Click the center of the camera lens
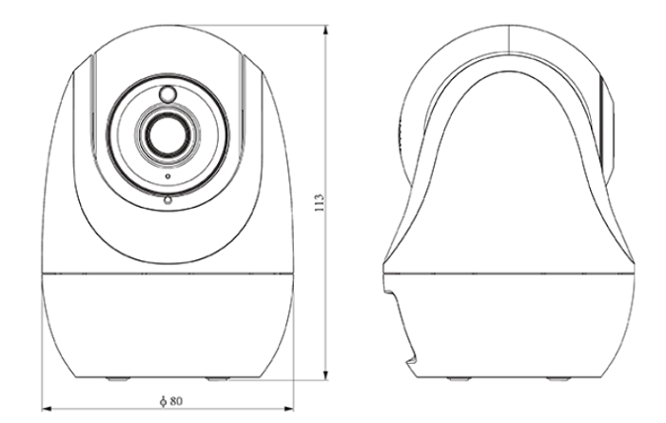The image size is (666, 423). pos(167,132)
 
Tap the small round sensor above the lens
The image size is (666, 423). pos(167,95)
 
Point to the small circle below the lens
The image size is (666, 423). pos(167,200)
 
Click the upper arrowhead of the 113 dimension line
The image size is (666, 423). pos(327,31)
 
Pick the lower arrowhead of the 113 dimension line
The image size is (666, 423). pos(327,375)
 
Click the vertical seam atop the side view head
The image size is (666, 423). pos(508,38)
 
